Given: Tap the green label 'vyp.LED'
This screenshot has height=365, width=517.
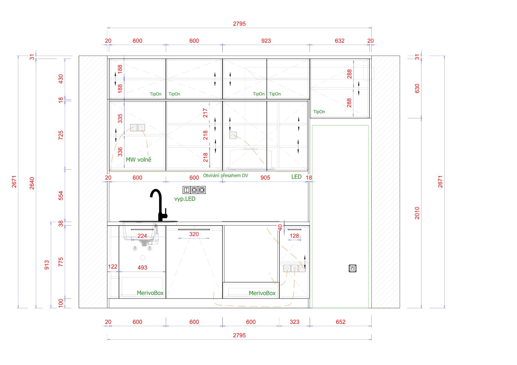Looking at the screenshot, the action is click(x=185, y=199).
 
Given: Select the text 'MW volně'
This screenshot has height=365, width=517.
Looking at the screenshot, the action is click(x=138, y=160).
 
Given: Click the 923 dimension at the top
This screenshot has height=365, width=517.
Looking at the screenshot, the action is click(x=266, y=41).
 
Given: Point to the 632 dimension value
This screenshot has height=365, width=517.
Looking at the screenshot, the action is click(x=340, y=41).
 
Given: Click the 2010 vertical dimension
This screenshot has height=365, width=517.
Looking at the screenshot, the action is click(x=417, y=213).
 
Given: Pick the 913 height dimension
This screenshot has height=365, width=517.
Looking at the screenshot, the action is click(x=47, y=265).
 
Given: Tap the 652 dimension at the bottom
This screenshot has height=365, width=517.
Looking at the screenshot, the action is click(x=341, y=322).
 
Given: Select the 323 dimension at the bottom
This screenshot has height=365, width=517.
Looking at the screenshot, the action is click(x=295, y=322).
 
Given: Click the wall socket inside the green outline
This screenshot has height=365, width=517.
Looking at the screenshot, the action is click(x=352, y=268).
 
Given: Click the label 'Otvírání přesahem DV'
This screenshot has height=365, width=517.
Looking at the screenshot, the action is click(x=226, y=176).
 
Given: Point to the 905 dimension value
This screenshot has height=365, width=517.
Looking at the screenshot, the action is click(x=265, y=178).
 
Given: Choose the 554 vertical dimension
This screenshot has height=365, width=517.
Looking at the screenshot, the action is click(x=61, y=196).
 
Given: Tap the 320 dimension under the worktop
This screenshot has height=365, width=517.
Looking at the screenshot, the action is click(x=194, y=234).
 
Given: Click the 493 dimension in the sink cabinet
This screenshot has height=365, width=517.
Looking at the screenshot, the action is click(x=142, y=268).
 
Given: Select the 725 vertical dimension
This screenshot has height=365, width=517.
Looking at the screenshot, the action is click(x=61, y=135).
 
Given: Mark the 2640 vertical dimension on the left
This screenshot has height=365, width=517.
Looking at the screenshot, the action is click(x=32, y=183).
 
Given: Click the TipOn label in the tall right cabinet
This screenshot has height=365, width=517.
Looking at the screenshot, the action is click(x=319, y=112).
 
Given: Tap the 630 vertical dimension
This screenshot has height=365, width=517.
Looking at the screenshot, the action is click(x=417, y=88).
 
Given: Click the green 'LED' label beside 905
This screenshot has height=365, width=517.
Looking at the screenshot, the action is click(x=296, y=177).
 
